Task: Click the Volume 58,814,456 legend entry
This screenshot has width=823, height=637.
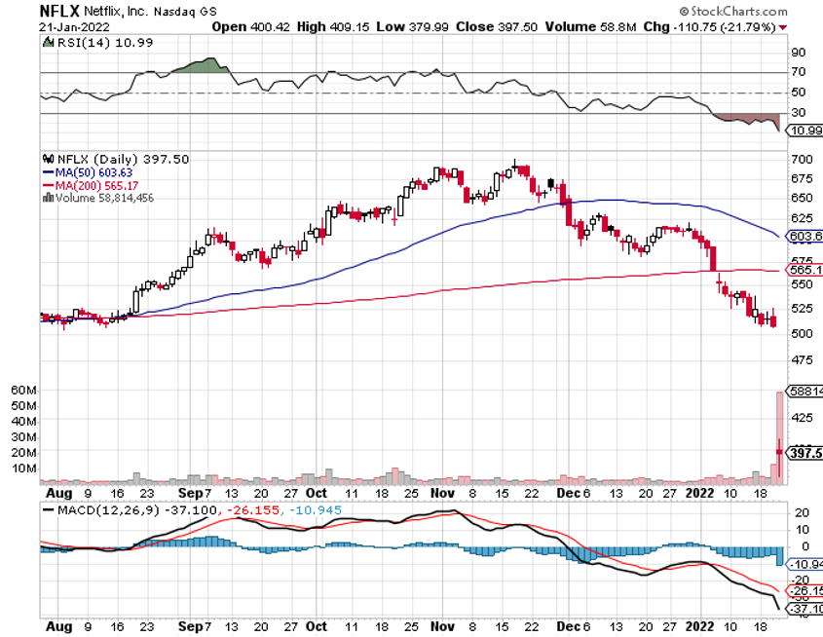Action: coord(99,197)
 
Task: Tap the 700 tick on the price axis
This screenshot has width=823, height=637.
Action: coord(803,159)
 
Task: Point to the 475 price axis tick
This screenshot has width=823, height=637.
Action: coord(803,359)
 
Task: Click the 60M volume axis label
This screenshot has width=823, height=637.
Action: coord(23,390)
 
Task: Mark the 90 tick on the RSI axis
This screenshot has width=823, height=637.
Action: coord(797,53)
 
